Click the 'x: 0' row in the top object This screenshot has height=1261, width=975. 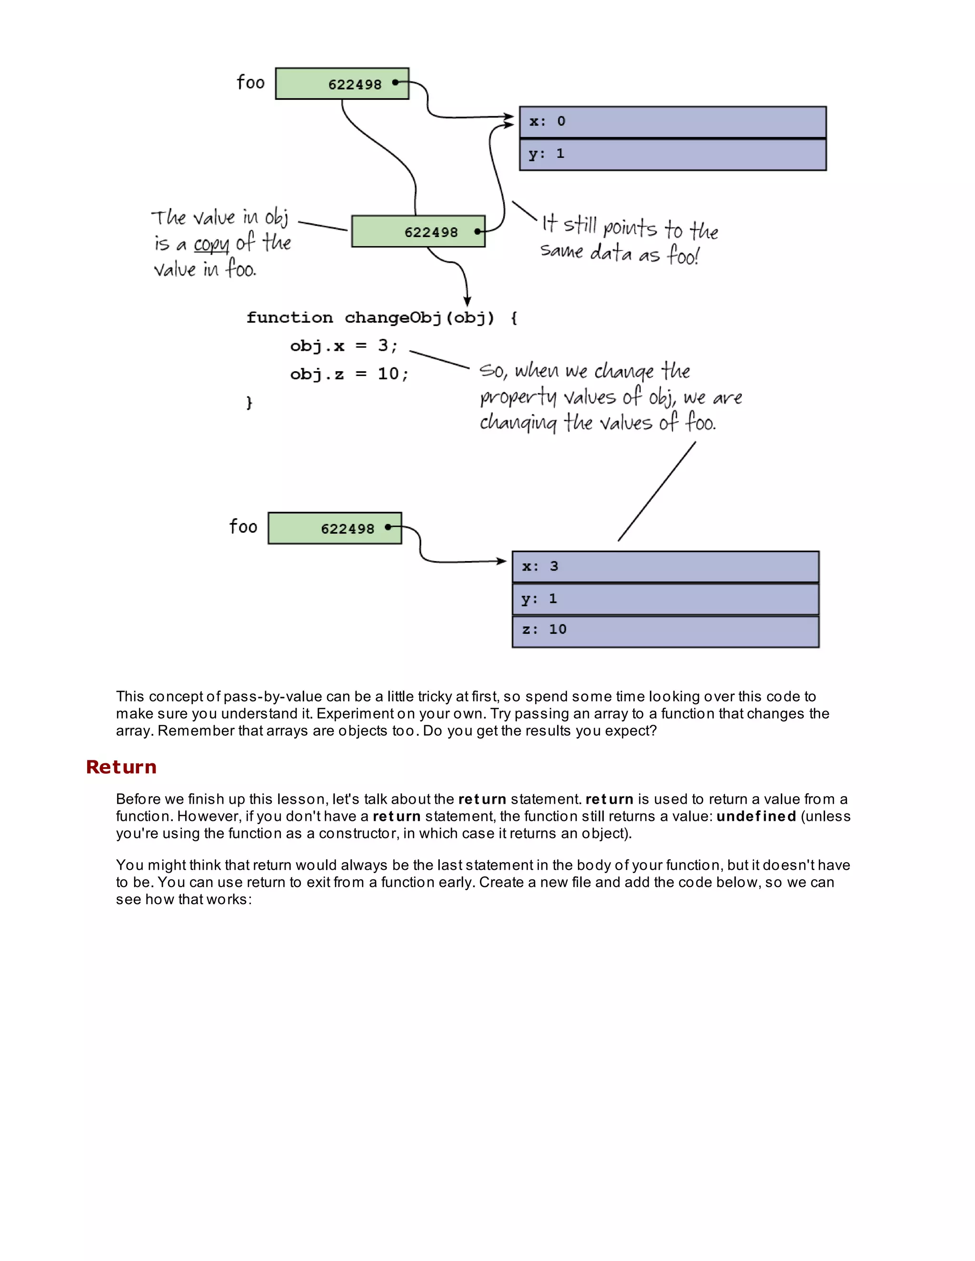click(x=672, y=122)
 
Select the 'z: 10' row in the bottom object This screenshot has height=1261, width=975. click(x=665, y=631)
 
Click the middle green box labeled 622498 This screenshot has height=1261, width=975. click(x=418, y=232)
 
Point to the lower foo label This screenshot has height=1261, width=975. click(x=243, y=527)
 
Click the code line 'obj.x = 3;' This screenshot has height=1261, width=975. click(x=344, y=346)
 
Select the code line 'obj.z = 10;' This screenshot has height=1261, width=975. click(x=349, y=374)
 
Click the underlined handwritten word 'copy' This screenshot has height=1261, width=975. click(x=211, y=244)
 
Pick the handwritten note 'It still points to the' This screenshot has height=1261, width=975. click(x=629, y=227)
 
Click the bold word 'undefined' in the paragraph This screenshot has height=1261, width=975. click(x=756, y=817)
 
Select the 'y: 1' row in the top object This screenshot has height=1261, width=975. click(x=672, y=154)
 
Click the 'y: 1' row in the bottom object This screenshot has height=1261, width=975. click(x=665, y=599)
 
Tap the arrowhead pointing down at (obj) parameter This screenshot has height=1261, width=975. click(x=468, y=301)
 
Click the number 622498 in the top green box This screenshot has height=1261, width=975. click(x=355, y=85)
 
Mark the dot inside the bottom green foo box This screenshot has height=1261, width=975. click(x=388, y=527)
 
